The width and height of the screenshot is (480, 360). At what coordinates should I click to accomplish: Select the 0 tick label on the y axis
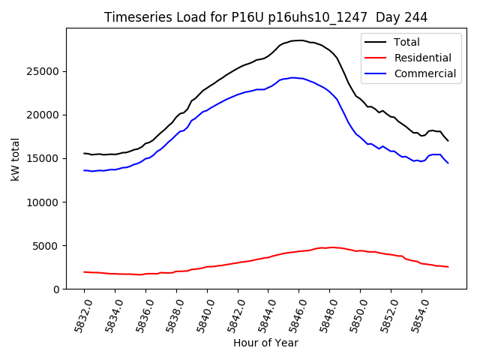pyautogui.click(x=56, y=289)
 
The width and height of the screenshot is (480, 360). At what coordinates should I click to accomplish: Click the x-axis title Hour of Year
pyautogui.click(x=265, y=343)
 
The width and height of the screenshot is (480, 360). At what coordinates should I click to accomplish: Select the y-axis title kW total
pyautogui.click(x=15, y=159)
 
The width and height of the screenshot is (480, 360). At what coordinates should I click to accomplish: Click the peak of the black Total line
pyautogui.click(x=298, y=40)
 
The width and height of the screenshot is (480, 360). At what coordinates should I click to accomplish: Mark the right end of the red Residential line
pyautogui.click(x=448, y=267)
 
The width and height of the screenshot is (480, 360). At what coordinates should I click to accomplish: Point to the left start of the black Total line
pyautogui.click(x=84, y=153)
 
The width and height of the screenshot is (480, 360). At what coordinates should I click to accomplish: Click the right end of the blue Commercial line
pyautogui.click(x=448, y=163)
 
